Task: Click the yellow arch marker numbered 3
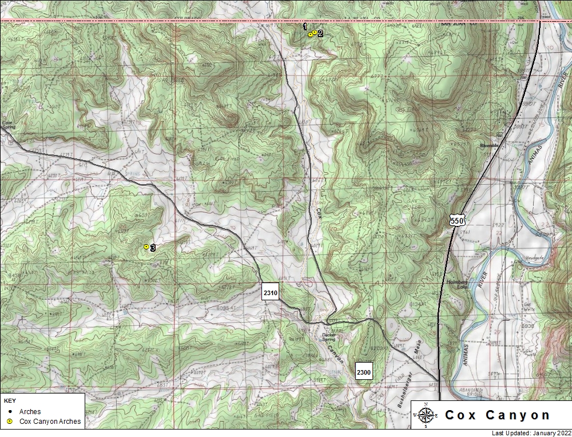[x=146, y=247]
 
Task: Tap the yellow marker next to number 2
[x=315, y=33]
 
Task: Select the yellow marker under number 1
[x=310, y=35]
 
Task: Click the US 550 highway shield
[x=456, y=221]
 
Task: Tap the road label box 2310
[x=271, y=292]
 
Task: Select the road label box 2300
[x=364, y=372]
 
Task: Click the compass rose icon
[x=426, y=415]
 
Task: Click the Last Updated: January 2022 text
[x=531, y=433]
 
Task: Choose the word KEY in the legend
[x=9, y=401]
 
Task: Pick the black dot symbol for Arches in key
[x=10, y=411]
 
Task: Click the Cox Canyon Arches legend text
[x=50, y=422]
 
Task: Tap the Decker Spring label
[x=329, y=337]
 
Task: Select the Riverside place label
[x=490, y=146]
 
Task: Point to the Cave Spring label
[x=7, y=124]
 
